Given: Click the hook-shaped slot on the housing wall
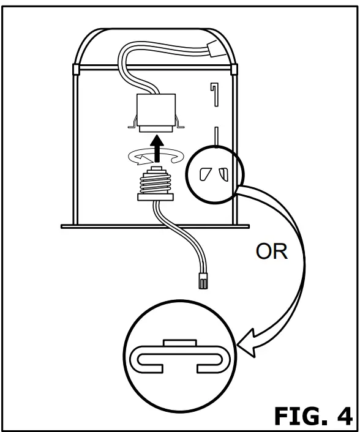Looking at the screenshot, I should click(x=215, y=95).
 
